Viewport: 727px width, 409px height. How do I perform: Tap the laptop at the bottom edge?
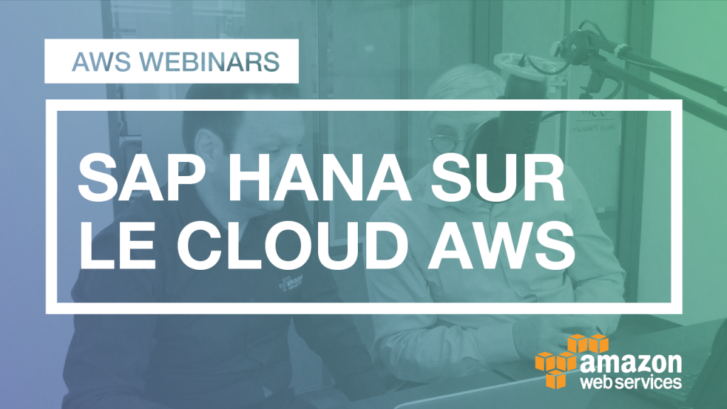point(454,394)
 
